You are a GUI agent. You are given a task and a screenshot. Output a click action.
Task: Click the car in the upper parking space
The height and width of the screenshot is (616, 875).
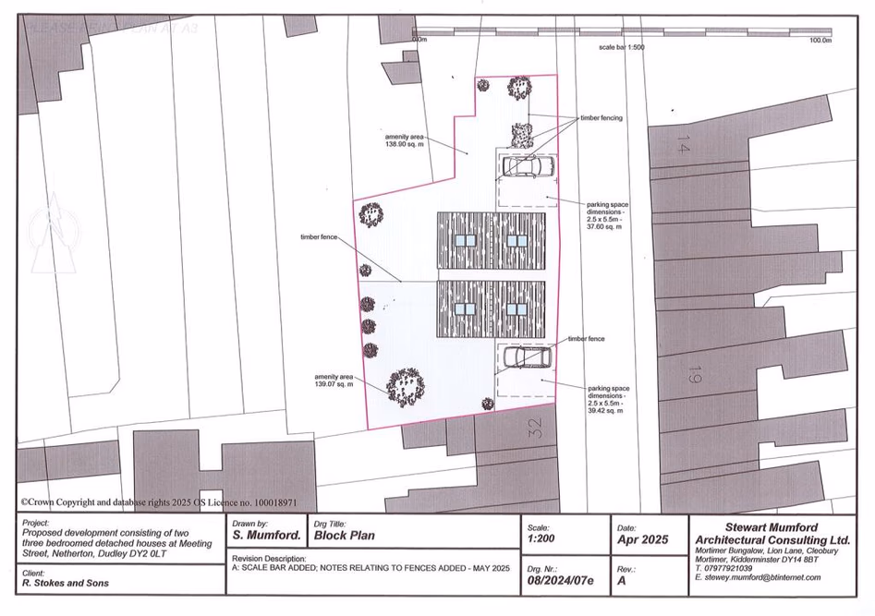(x=525, y=167)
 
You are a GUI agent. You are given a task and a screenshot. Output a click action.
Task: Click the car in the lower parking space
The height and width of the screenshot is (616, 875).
(x=524, y=357)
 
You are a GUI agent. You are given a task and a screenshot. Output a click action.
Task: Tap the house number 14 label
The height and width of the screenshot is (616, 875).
(x=683, y=144)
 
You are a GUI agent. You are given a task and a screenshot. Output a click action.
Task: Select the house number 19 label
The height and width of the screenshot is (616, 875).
(x=693, y=374)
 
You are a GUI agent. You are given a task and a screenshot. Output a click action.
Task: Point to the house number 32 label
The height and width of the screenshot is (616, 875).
(x=535, y=426)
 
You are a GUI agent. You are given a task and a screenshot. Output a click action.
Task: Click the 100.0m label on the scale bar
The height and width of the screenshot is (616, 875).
(x=820, y=41)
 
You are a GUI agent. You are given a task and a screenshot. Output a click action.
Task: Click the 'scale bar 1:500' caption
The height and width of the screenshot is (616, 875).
(x=621, y=47)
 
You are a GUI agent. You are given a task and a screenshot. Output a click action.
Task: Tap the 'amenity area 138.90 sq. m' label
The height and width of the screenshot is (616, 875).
(x=404, y=141)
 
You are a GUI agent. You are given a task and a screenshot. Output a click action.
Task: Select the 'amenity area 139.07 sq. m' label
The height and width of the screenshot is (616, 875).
(x=334, y=381)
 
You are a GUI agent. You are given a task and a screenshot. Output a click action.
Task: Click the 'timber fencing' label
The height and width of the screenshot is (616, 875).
(x=601, y=118)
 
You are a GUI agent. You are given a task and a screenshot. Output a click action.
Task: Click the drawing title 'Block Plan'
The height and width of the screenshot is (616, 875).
(x=344, y=535)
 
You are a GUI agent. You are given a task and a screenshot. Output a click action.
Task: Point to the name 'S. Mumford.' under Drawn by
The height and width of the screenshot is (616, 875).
(x=266, y=535)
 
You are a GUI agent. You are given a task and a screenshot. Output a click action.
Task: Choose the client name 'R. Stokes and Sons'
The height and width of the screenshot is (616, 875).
(x=65, y=583)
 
